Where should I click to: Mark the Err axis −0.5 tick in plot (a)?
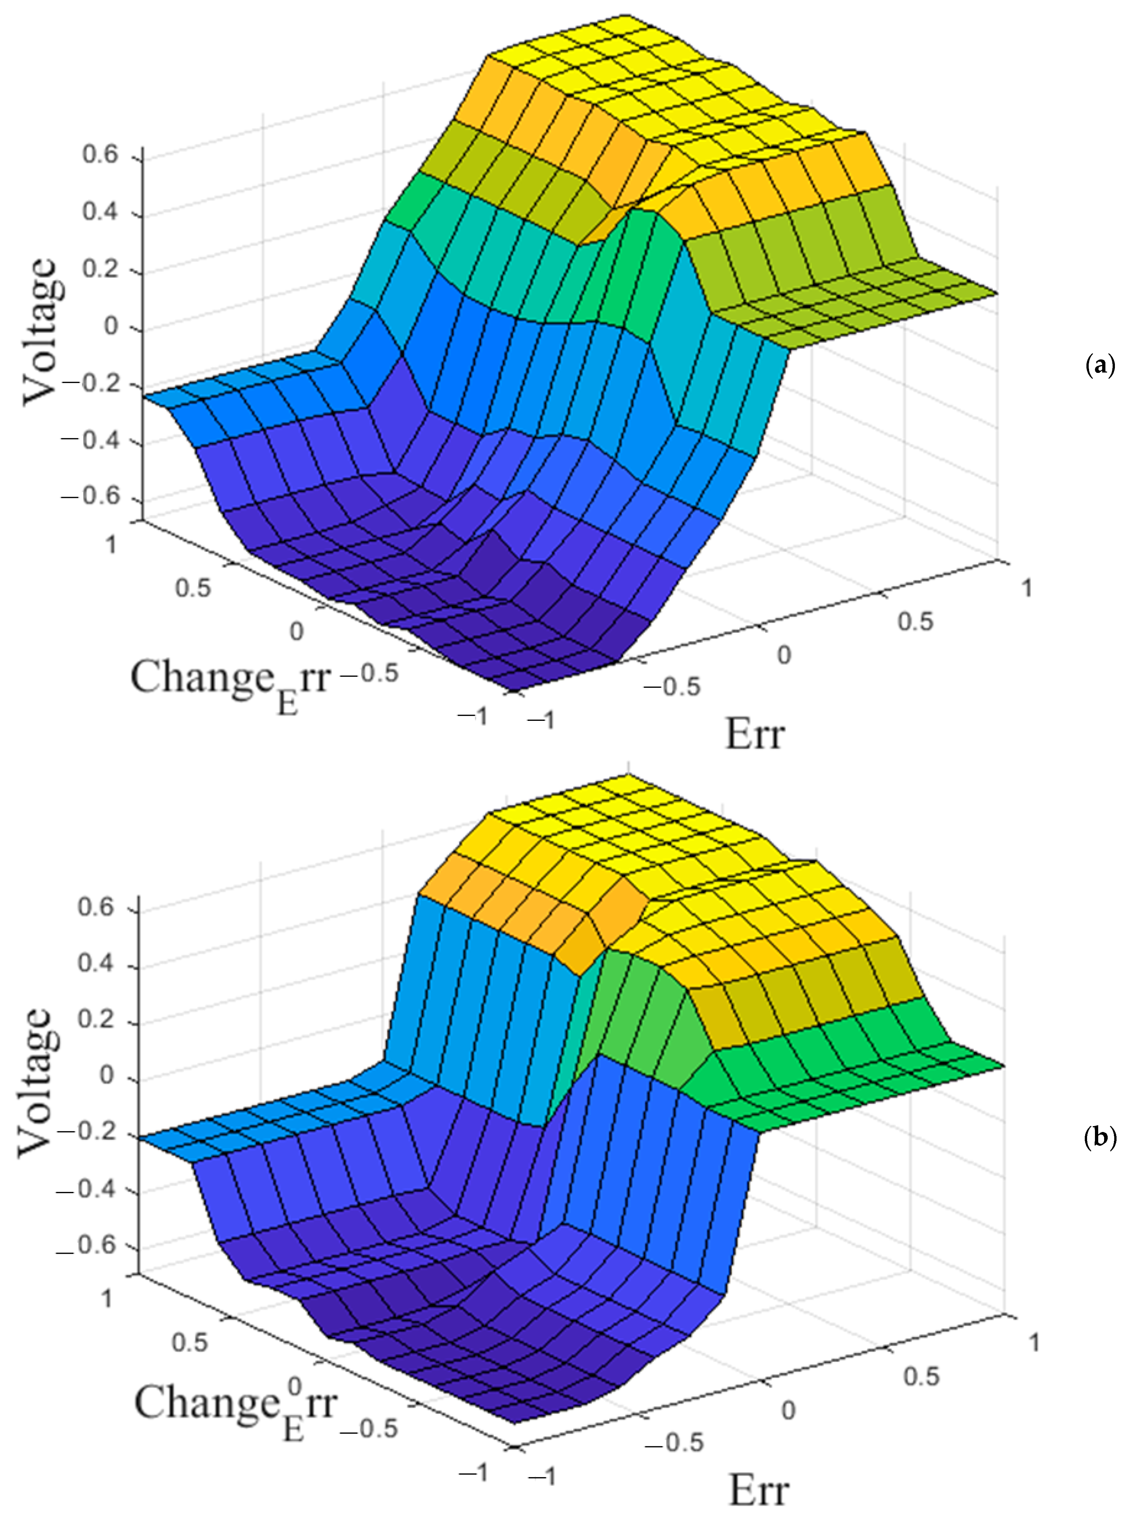(671, 686)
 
